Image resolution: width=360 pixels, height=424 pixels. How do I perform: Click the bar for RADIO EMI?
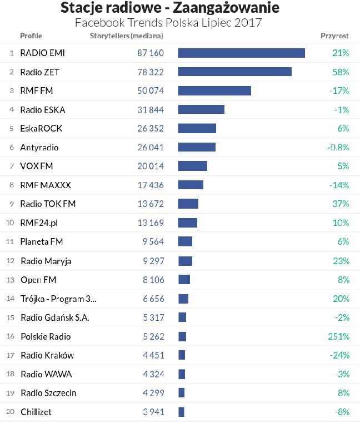pyautogui.click(x=241, y=53)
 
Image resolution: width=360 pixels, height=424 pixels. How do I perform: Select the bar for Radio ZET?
pyautogui.click(x=234, y=72)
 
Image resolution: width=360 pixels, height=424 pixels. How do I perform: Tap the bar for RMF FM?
pyautogui.click(x=214, y=90)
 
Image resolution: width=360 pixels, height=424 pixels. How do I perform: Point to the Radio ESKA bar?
pyautogui.click(x=201, y=109)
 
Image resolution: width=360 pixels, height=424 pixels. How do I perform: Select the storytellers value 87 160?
pyautogui.click(x=151, y=53)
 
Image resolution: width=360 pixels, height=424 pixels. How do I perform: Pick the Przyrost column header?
pyautogui.click(x=334, y=36)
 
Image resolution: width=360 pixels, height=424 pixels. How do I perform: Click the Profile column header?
pyautogui.click(x=31, y=36)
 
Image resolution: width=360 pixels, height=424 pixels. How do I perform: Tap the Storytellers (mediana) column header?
pyautogui.click(x=127, y=36)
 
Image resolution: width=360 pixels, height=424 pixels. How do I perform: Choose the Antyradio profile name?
pyautogui.click(x=39, y=147)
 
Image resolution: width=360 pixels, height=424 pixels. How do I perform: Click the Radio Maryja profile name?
pyautogui.click(x=46, y=261)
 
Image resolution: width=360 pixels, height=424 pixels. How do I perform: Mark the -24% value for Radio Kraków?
pyautogui.click(x=338, y=355)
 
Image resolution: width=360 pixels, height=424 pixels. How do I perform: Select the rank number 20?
pyautogui.click(x=9, y=412)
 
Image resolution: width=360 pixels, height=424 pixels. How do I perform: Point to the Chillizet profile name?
pyautogui.click(x=36, y=412)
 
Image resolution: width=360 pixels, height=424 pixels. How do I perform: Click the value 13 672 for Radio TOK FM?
pyautogui.click(x=151, y=204)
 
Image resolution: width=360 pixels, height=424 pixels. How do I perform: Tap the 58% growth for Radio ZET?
pyautogui.click(x=340, y=72)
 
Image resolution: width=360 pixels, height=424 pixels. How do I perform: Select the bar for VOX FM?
pyautogui.click(x=192, y=166)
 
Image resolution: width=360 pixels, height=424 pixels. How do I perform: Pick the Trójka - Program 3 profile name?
pyautogui.click(x=58, y=299)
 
